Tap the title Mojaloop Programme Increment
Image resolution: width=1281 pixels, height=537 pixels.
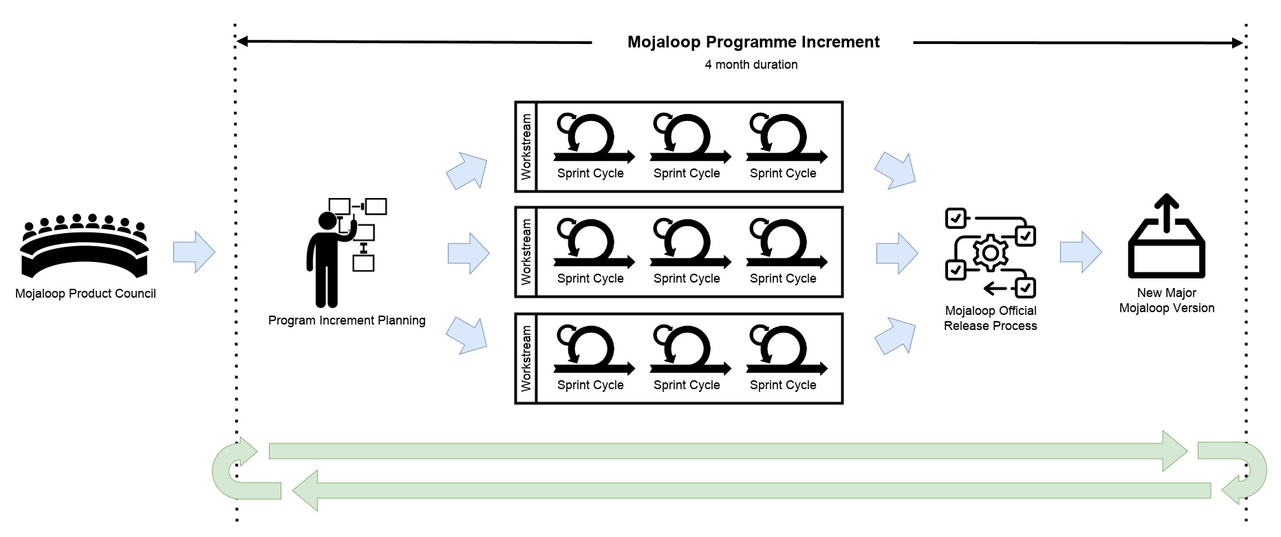[x=753, y=43]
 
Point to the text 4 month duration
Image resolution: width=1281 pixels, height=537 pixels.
[x=751, y=65]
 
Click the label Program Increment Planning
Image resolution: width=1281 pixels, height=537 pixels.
[x=347, y=320]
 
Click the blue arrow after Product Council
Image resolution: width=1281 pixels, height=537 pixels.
[x=194, y=252]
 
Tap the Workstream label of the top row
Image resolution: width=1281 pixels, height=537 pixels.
[x=526, y=147]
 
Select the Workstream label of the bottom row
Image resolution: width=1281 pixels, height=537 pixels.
[x=526, y=358]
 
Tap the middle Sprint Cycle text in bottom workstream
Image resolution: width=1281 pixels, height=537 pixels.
[x=687, y=385]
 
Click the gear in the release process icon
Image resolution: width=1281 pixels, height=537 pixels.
[x=990, y=253]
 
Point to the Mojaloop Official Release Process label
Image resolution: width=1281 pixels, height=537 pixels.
[x=990, y=318]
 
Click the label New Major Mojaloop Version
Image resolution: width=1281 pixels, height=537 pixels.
[x=1166, y=300]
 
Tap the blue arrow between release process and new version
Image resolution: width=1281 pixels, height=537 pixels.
[x=1081, y=252]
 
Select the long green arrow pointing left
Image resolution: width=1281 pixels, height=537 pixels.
[x=750, y=490]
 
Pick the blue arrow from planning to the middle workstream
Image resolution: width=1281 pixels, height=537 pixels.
[x=469, y=253]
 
